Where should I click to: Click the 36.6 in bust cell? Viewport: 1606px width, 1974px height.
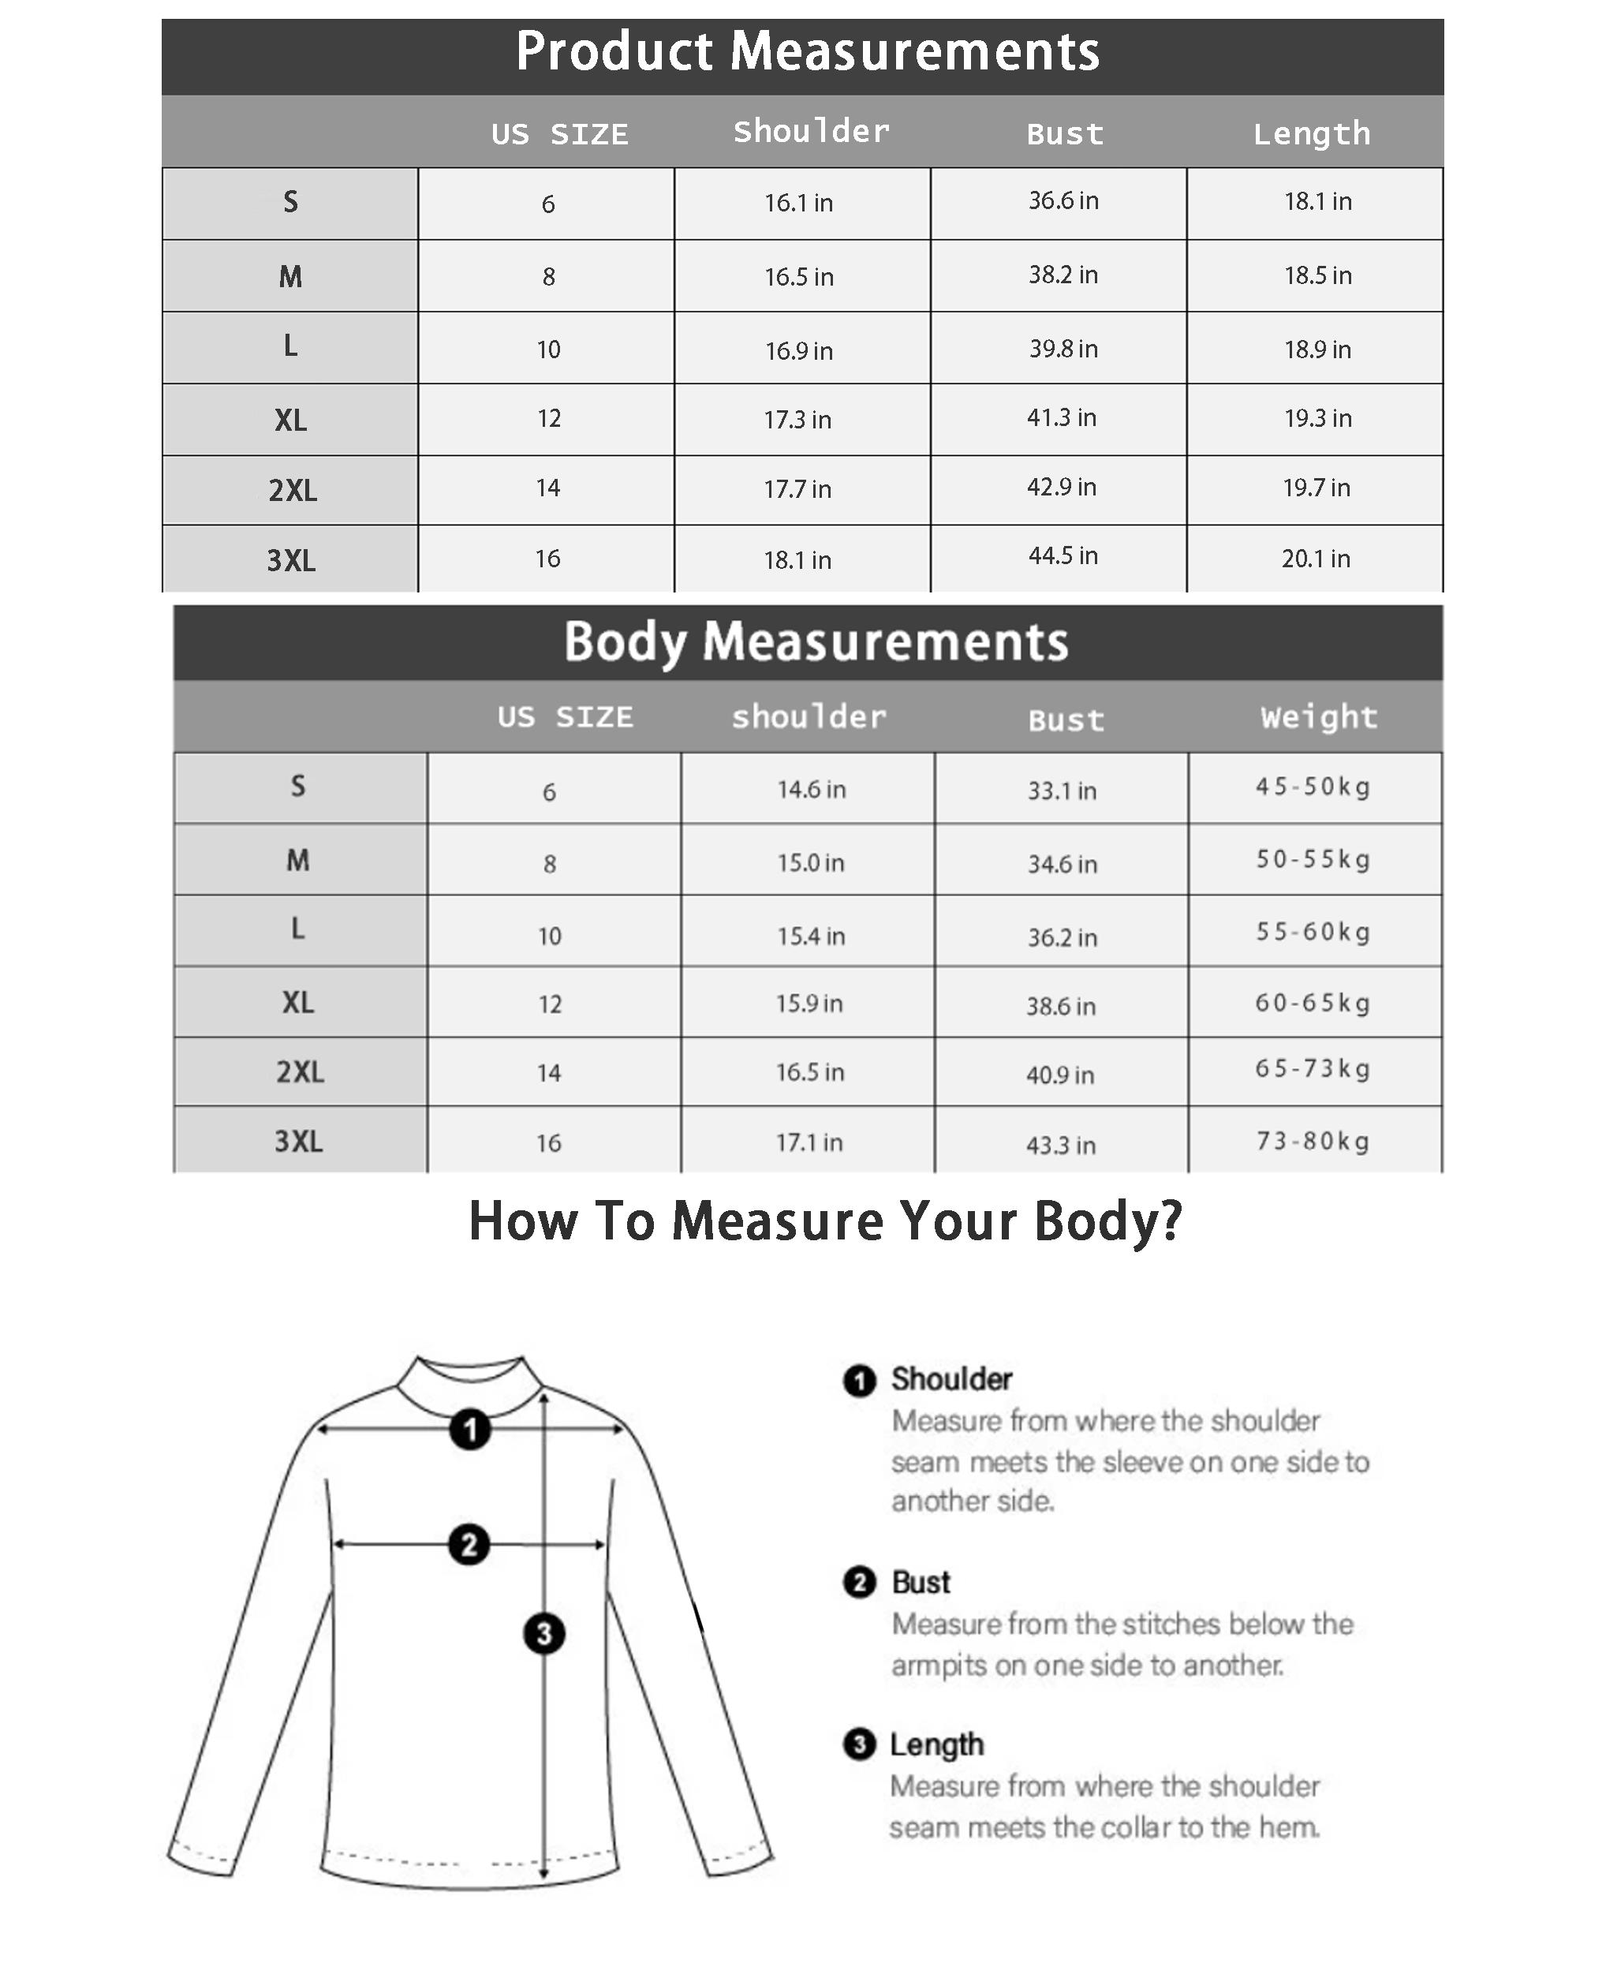pyautogui.click(x=1063, y=201)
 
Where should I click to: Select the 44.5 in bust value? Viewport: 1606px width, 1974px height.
pyautogui.click(x=1063, y=556)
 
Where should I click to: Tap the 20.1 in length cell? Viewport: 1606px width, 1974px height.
pyautogui.click(x=1316, y=559)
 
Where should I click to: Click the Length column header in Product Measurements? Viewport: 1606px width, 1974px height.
pyautogui.click(x=1311, y=134)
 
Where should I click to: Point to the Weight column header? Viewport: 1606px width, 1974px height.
pyautogui.click(x=1318, y=717)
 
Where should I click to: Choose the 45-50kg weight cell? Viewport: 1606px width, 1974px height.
pyautogui.click(x=1313, y=787)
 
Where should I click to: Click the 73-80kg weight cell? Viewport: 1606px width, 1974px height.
pyautogui.click(x=1313, y=1141)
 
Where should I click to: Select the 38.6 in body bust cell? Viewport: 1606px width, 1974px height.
pyautogui.click(x=1060, y=1006)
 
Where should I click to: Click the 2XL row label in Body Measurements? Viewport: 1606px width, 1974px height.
pyautogui.click(x=300, y=1071)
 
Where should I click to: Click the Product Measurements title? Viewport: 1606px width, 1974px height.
pyautogui.click(x=807, y=52)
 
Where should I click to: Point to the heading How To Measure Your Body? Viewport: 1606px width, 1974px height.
pyautogui.click(x=825, y=1221)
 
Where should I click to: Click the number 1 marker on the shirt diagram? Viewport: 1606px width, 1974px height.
pyautogui.click(x=470, y=1430)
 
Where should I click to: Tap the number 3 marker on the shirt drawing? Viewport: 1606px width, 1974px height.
pyautogui.click(x=544, y=1633)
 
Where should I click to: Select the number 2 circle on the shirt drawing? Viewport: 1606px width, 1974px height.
pyautogui.click(x=469, y=1545)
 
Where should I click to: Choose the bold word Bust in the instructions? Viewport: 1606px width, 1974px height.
pyautogui.click(x=921, y=1583)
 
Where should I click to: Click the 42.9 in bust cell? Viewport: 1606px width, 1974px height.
pyautogui.click(x=1061, y=488)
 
